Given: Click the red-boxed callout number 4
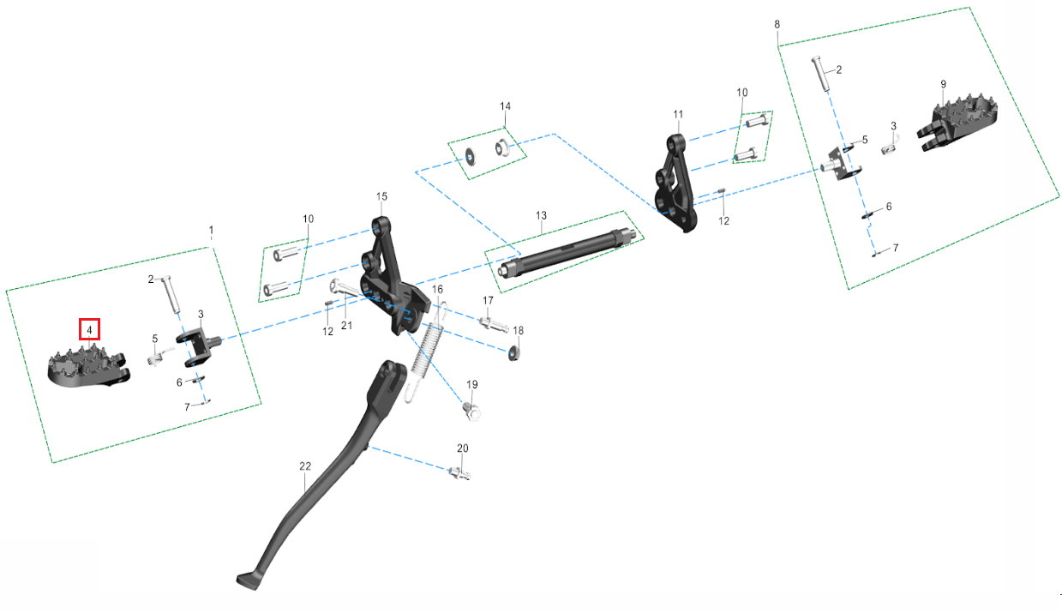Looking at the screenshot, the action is (89, 329).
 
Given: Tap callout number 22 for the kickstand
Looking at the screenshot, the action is (305, 466).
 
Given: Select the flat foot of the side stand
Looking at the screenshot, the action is (249, 580).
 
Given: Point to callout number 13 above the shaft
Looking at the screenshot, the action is (541, 216).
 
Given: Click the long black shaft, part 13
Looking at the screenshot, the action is (567, 254).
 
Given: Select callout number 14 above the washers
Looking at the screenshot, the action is (505, 106).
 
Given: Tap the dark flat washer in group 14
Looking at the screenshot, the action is (471, 156).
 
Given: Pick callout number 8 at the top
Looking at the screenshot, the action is (777, 24).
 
